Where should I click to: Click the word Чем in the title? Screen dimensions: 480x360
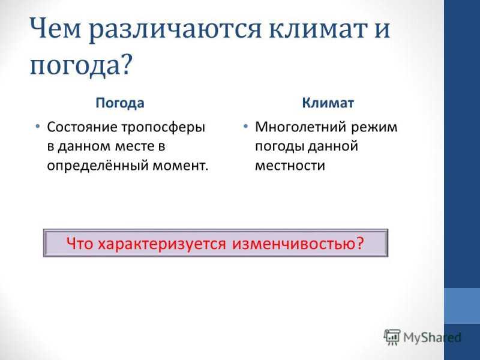click(x=55, y=28)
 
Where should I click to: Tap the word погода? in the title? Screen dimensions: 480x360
click(x=81, y=66)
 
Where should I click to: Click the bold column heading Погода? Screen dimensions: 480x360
click(x=119, y=103)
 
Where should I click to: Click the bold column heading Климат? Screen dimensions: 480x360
click(x=328, y=103)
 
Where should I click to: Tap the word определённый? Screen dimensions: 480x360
click(x=97, y=166)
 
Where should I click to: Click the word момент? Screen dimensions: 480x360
click(x=181, y=166)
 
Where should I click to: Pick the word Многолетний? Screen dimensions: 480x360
click(x=301, y=127)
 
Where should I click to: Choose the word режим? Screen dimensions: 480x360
click(x=374, y=128)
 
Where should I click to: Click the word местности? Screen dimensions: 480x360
click(x=290, y=166)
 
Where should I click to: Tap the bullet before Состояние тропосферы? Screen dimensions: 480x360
click(x=37, y=126)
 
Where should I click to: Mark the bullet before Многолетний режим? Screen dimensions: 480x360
click(x=245, y=126)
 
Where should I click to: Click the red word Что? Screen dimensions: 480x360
click(x=79, y=244)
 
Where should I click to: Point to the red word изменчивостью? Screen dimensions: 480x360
click(x=298, y=244)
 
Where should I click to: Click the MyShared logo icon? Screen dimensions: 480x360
click(x=392, y=337)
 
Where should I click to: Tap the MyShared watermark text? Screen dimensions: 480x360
click(x=432, y=337)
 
